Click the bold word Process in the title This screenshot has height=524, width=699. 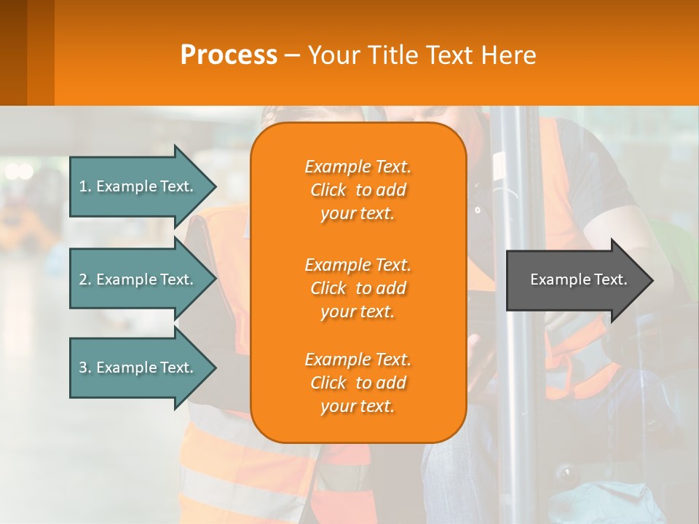(x=229, y=55)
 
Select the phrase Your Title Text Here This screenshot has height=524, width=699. (x=422, y=55)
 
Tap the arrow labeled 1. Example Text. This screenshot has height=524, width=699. (x=138, y=186)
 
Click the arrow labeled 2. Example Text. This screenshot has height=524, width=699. (x=138, y=279)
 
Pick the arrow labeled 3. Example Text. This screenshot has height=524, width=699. (x=138, y=368)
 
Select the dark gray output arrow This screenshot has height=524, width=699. (x=575, y=280)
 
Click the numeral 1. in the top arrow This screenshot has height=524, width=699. (x=85, y=186)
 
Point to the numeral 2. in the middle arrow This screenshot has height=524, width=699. (x=85, y=279)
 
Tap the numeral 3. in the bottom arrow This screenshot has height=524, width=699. (x=85, y=368)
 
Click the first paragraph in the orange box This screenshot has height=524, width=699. (x=358, y=190)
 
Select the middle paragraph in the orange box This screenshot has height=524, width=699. (x=358, y=288)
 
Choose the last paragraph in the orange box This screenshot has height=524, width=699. (x=358, y=383)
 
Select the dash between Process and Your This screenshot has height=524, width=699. (x=293, y=55)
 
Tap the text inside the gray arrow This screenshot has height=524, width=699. (x=578, y=279)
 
